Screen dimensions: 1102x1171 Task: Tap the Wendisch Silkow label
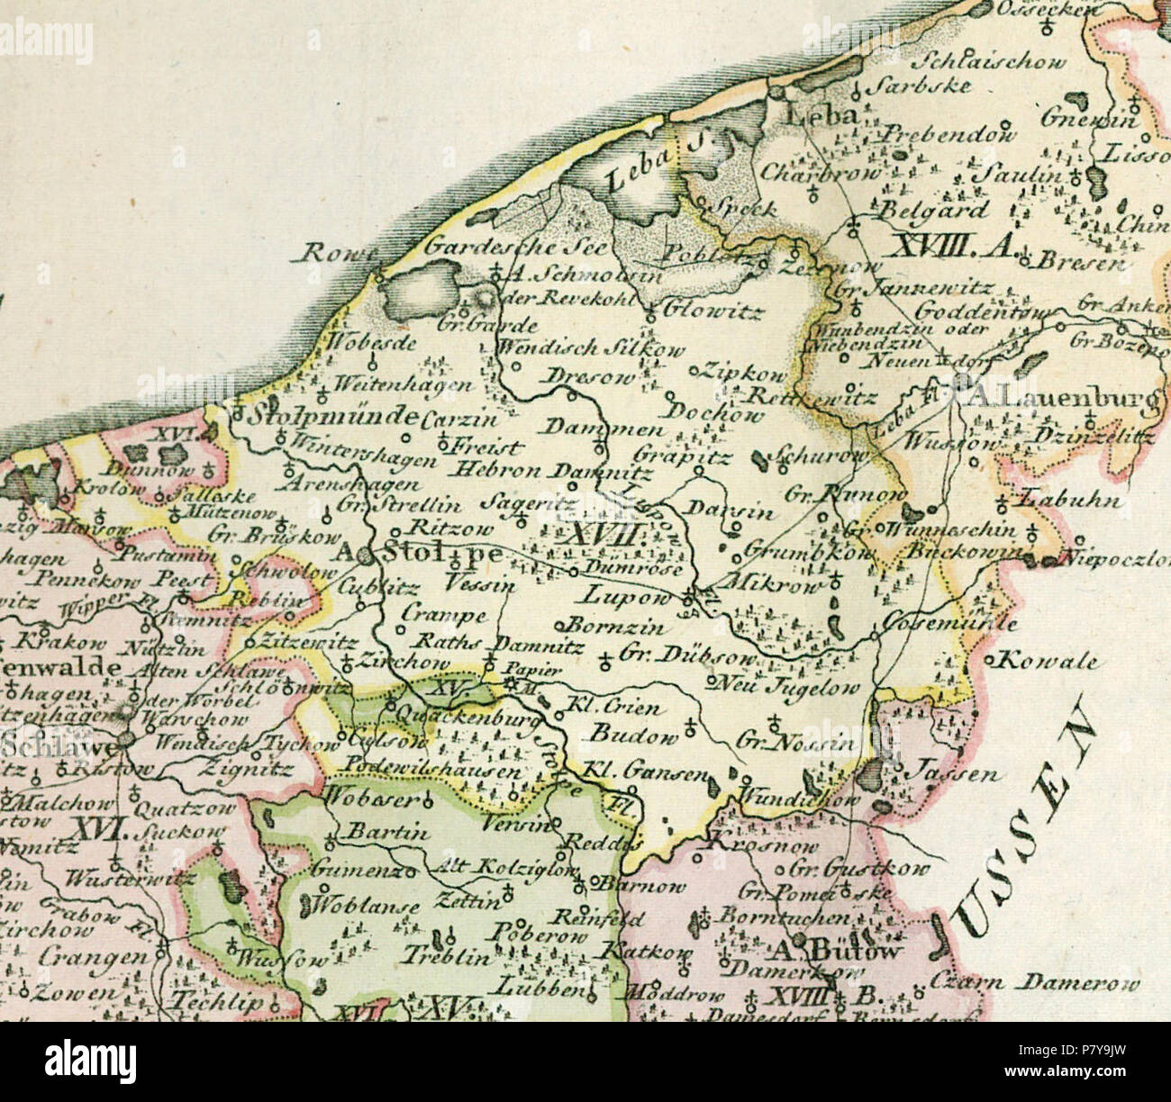click(x=590, y=349)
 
